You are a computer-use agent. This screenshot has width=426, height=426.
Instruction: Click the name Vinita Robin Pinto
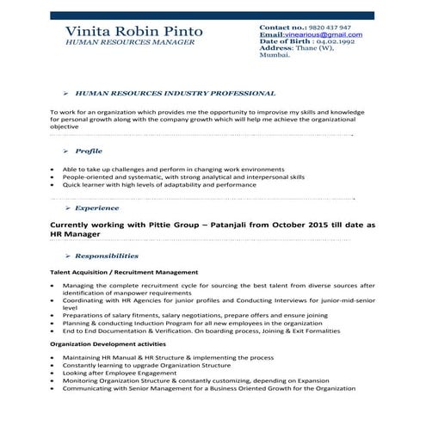point(134,32)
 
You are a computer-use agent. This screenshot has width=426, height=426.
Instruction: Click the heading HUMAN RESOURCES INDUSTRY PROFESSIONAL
point(176,93)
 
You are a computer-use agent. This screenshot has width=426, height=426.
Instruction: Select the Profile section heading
point(89,151)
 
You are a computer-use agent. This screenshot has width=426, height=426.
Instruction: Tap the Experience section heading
point(97,208)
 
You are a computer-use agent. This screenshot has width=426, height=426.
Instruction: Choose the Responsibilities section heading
point(106,256)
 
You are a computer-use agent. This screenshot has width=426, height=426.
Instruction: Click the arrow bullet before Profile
point(67,151)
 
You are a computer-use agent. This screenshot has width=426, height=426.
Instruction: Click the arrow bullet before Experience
point(67,208)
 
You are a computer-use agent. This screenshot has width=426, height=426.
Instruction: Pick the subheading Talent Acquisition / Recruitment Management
point(124,272)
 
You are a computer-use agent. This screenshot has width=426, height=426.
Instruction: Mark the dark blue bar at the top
point(213,15)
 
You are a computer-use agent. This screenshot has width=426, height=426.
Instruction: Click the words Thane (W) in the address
point(315,48)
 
